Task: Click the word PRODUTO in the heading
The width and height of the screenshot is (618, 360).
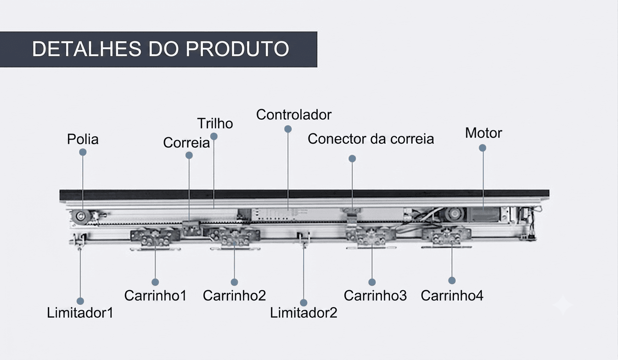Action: pyautogui.click(x=237, y=49)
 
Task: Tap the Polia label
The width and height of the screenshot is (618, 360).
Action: pyautogui.click(x=83, y=139)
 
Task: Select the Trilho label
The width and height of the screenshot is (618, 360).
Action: pyautogui.click(x=215, y=124)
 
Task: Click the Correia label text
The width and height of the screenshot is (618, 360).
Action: pyautogui.click(x=186, y=143)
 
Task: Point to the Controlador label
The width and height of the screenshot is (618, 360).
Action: pyautogui.click(x=294, y=114)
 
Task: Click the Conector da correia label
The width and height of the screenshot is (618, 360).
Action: pyautogui.click(x=371, y=139)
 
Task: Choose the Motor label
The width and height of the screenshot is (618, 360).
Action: pyautogui.click(x=483, y=133)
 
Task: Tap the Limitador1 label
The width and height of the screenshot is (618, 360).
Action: pyautogui.click(x=80, y=313)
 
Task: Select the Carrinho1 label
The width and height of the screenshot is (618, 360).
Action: pyautogui.click(x=155, y=295)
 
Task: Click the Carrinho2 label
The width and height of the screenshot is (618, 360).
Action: pyautogui.click(x=234, y=295)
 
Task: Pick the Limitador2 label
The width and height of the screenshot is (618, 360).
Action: pyautogui.click(x=303, y=313)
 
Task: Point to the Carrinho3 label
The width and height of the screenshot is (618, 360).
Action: pyautogui.click(x=375, y=295)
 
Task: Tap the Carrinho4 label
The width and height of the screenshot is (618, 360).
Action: pyautogui.click(x=452, y=295)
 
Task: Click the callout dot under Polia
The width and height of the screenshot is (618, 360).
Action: pyautogui.click(x=83, y=152)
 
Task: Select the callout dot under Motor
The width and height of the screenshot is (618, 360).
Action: pyautogui.click(x=482, y=148)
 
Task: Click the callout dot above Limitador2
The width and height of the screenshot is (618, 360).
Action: pyautogui.click(x=303, y=303)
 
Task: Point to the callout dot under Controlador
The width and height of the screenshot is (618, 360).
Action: pyautogui.click(x=288, y=129)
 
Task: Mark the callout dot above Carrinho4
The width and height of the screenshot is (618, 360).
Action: pyautogui.click(x=452, y=281)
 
